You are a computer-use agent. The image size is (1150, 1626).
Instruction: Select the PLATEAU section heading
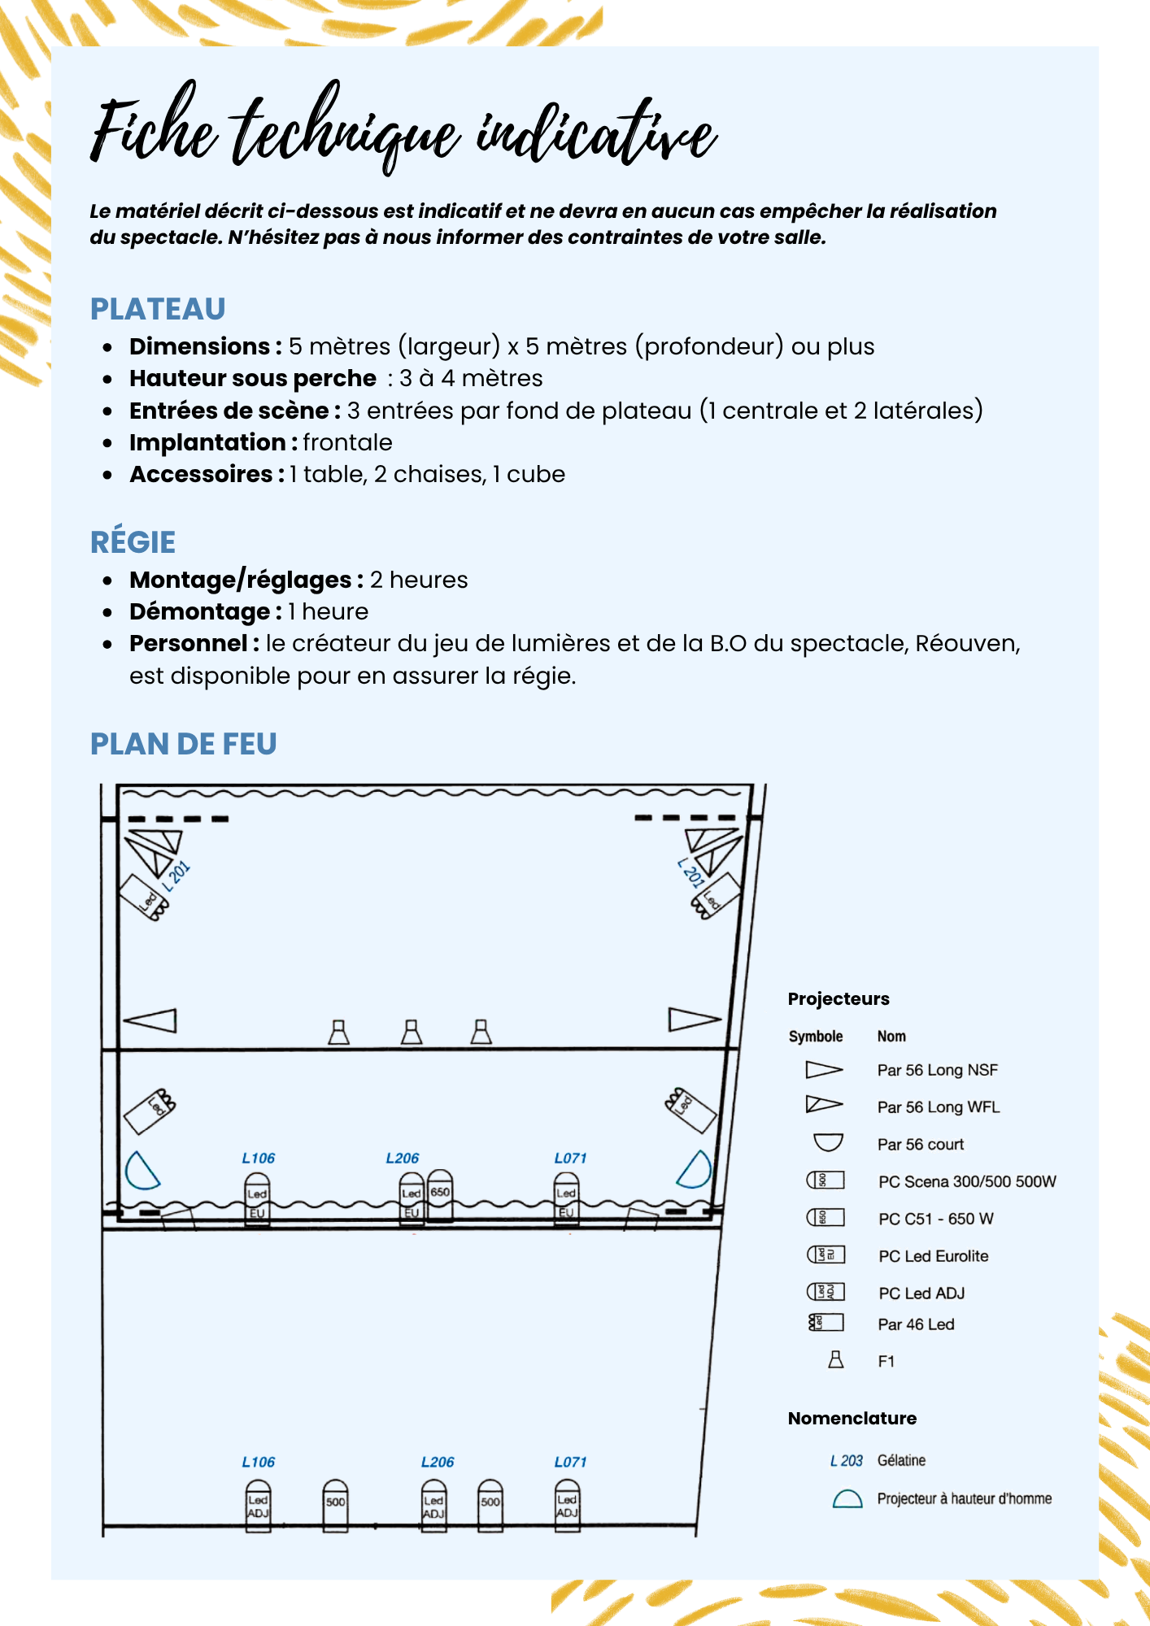[x=158, y=309]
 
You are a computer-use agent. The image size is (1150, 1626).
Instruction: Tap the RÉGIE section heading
[x=133, y=542]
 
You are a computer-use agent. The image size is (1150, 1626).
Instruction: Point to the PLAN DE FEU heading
[x=183, y=744]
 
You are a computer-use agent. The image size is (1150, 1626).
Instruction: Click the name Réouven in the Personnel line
[x=965, y=643]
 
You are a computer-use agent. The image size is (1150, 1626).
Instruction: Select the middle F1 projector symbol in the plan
[x=412, y=1033]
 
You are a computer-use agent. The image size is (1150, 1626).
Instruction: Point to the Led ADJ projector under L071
[x=568, y=1506]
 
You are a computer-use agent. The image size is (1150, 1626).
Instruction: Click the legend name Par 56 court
[x=920, y=1145]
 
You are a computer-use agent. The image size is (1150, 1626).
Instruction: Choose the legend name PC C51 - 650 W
[x=935, y=1219]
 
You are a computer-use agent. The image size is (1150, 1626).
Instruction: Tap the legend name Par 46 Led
[x=916, y=1324]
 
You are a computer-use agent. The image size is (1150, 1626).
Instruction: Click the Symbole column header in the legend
[x=815, y=1037]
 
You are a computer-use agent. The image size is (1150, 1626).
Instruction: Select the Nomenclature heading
[x=852, y=1419]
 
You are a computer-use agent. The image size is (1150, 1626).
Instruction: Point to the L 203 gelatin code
[x=846, y=1461]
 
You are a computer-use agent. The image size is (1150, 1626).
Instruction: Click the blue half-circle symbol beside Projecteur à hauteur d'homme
[x=847, y=1499]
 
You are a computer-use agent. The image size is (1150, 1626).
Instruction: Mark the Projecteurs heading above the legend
[x=839, y=999]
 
